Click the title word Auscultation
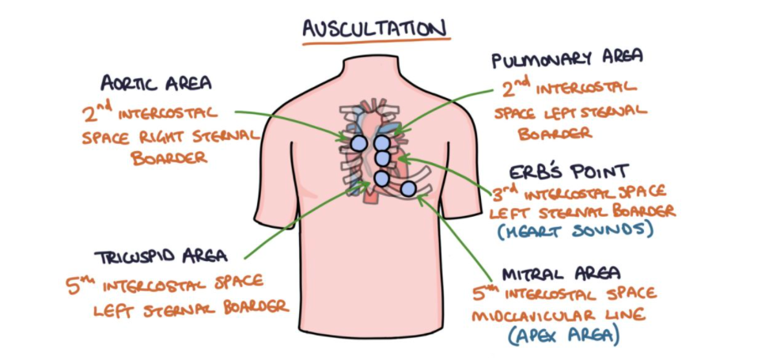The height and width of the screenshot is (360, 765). click(x=376, y=28)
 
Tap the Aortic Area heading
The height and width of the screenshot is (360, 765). click(x=156, y=83)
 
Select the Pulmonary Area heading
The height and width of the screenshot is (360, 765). click(x=566, y=59)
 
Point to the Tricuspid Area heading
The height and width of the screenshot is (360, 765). click(x=161, y=256)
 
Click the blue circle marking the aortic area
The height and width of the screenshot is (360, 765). click(x=358, y=143)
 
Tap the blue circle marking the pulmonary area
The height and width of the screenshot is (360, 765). click(x=382, y=143)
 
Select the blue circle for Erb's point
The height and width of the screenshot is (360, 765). click(x=382, y=159)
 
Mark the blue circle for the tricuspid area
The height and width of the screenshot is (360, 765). click(x=381, y=179)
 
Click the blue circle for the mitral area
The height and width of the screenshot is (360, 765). click(x=407, y=188)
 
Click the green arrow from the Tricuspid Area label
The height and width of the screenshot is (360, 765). click(x=305, y=221)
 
